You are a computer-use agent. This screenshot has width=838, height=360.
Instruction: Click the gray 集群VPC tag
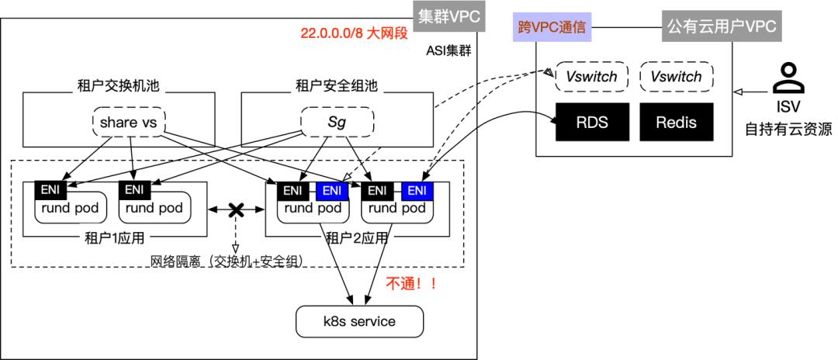(x=450, y=16)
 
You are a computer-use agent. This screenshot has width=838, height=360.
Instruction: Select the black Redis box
(x=675, y=122)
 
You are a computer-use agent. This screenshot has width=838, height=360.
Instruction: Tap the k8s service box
(x=359, y=320)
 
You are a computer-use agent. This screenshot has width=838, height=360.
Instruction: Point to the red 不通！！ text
(x=411, y=283)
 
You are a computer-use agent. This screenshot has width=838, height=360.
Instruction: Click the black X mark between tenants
(x=235, y=210)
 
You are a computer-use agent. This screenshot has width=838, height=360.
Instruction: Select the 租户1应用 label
(x=114, y=237)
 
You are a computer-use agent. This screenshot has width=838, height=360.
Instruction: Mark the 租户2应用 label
(x=357, y=237)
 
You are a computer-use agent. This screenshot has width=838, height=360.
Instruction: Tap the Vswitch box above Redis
(x=675, y=77)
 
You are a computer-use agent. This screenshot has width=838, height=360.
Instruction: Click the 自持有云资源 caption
(x=788, y=128)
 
